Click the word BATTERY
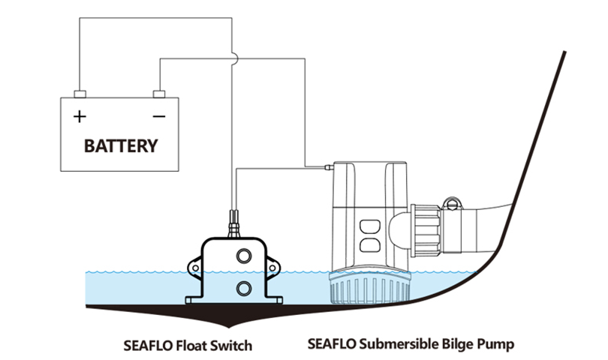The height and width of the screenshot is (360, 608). [x=121, y=145]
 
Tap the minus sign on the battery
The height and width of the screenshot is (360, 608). [x=158, y=117]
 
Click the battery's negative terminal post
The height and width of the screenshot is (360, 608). [x=158, y=94]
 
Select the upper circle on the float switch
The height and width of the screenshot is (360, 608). [x=244, y=256]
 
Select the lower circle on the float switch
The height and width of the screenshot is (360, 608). [x=244, y=287]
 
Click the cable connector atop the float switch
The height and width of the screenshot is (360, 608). [x=233, y=223]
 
